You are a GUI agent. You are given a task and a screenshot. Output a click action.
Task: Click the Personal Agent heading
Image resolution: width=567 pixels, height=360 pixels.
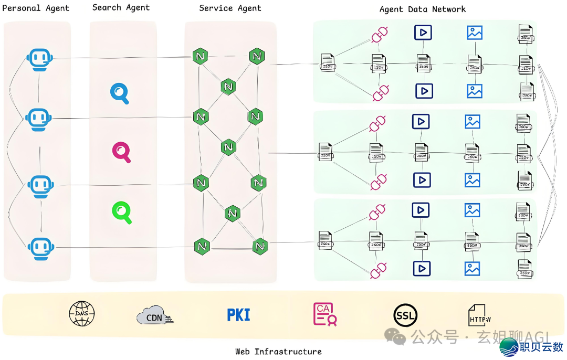tap(36, 8)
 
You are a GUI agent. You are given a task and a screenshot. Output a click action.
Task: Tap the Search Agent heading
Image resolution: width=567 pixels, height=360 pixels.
tap(121, 7)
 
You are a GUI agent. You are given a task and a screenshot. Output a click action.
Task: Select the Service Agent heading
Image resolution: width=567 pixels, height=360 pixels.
tap(230, 8)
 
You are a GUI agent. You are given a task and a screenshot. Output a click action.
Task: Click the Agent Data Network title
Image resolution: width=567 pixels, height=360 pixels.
tap(422, 9)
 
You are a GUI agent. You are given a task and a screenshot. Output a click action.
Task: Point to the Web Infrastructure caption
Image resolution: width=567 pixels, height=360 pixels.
tap(278, 352)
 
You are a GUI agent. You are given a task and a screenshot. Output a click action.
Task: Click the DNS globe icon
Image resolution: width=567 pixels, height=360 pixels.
tap(82, 314)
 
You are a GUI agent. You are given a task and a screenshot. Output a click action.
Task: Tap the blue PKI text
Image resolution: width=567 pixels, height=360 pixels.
tap(238, 315)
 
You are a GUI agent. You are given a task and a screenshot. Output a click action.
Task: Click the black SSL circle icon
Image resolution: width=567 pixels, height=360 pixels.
tap(405, 315)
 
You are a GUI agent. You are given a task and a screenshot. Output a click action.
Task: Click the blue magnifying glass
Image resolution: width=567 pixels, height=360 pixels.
tap(120, 93)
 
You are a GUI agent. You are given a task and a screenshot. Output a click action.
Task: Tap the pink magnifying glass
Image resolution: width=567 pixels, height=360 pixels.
tap(121, 152)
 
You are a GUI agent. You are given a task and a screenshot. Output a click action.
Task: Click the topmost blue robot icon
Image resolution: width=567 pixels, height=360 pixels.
tap(40, 59)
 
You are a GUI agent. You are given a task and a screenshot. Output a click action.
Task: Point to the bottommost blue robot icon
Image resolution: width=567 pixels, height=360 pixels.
tap(40, 248)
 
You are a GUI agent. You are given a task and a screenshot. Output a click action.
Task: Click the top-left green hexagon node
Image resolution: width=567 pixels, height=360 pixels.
tap(199, 56)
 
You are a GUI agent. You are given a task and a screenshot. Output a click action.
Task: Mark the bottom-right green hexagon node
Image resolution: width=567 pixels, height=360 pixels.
tap(260, 246)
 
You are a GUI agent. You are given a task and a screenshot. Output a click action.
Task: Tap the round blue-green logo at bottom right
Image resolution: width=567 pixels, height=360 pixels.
tap(508, 347)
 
